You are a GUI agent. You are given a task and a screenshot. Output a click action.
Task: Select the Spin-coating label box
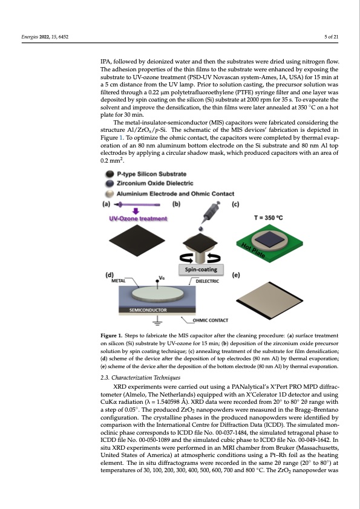tap(202, 268)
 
